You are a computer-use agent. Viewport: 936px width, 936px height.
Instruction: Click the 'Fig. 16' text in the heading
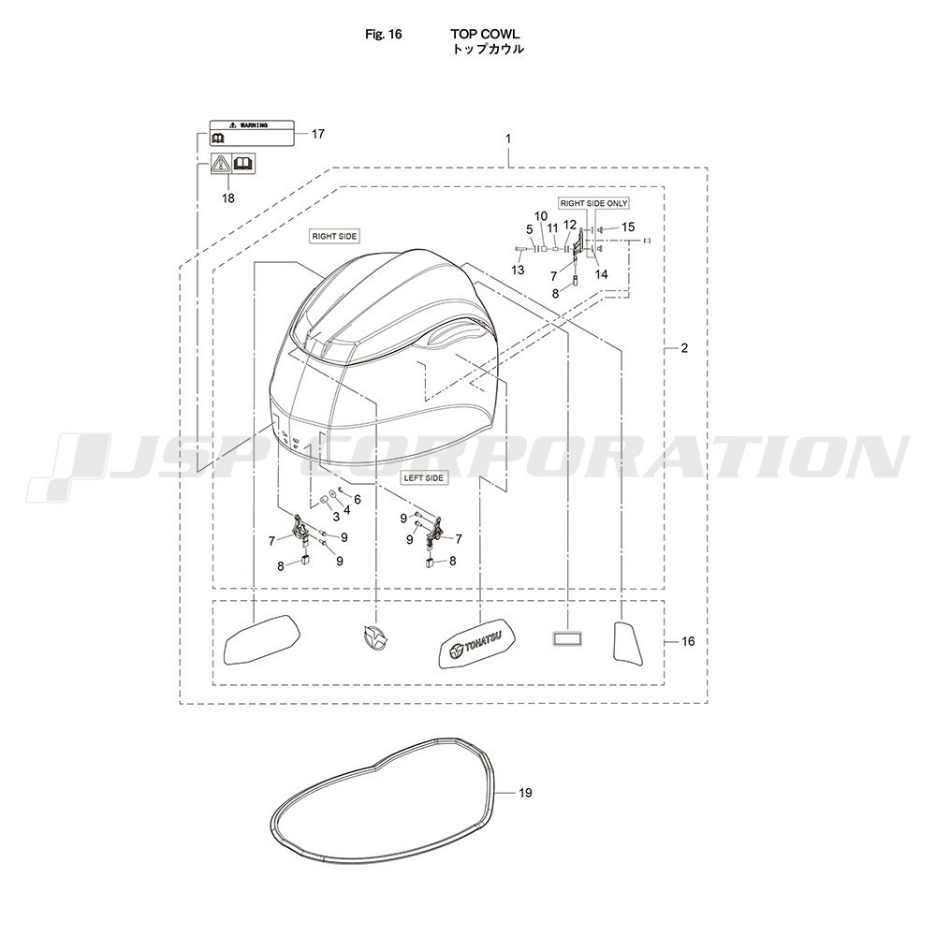(383, 34)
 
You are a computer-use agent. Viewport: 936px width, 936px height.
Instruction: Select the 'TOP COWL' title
(485, 34)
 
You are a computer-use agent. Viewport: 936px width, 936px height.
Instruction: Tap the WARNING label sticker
(252, 133)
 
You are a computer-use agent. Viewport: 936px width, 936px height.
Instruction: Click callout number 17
(318, 134)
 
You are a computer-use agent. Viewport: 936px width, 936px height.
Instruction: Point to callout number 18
(228, 197)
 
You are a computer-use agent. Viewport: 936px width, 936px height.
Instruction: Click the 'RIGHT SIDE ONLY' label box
(593, 203)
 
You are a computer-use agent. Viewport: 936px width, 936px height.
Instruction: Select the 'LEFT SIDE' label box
(424, 478)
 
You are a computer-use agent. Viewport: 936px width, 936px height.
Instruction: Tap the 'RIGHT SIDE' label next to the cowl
(334, 237)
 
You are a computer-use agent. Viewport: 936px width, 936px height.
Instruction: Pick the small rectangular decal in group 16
(567, 639)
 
